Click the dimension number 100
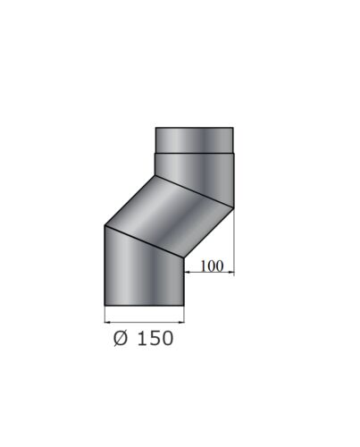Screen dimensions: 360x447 pyautogui.click(x=212, y=266)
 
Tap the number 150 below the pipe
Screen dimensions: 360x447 pyautogui.click(x=155, y=338)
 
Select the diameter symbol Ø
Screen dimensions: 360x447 pyautogui.click(x=121, y=338)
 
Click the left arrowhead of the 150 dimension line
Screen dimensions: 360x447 pyautogui.click(x=107, y=322)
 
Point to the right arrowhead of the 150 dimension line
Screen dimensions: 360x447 pyautogui.click(x=181, y=322)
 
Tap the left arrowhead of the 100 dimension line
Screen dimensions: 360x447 pyautogui.click(x=188, y=272)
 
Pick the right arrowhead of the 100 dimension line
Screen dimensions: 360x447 pyautogui.click(x=230, y=272)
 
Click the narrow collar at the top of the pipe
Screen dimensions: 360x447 pyautogui.click(x=195, y=140)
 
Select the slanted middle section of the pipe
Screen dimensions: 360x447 pyautogui.click(x=169, y=216)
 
